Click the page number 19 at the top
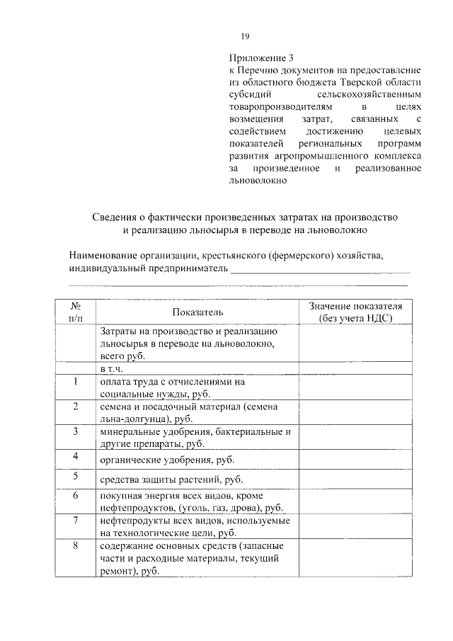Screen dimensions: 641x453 [x=245, y=37]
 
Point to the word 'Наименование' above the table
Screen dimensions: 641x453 [x=103, y=255]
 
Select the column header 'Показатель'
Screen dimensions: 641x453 [x=197, y=312]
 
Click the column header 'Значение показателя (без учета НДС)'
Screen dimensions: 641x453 [x=355, y=312]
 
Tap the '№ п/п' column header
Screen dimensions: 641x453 [x=76, y=312]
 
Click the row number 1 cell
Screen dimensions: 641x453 [x=76, y=382]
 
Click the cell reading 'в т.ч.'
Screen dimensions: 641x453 [x=112, y=369]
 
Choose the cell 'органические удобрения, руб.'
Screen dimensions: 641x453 [x=167, y=460]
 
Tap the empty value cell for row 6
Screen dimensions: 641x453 [x=355, y=501]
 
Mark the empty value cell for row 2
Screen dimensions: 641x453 [x=355, y=412]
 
